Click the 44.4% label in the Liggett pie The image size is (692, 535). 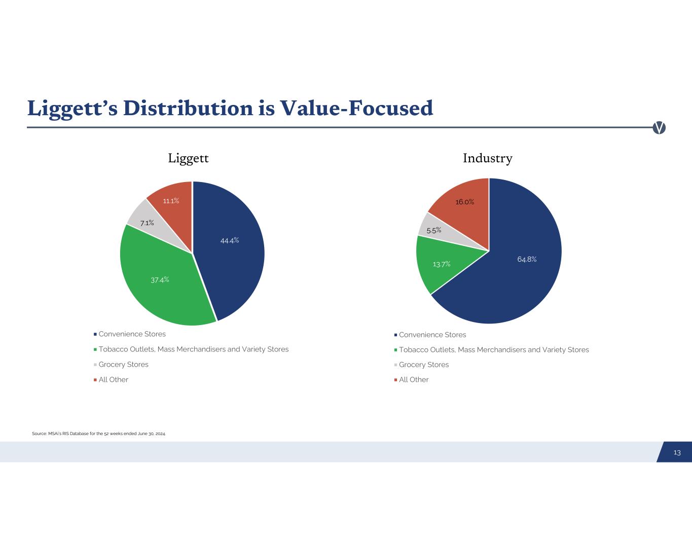click(x=229, y=240)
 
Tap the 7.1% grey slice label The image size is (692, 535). click(x=147, y=223)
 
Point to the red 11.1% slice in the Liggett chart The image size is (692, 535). click(x=171, y=201)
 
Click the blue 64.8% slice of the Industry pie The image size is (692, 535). click(x=527, y=259)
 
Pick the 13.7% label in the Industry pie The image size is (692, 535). click(x=441, y=264)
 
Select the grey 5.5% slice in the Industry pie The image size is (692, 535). click(x=433, y=230)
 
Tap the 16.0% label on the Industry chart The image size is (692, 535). click(x=464, y=202)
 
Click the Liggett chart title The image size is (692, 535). click(x=188, y=158)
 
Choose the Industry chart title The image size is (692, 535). click(x=488, y=158)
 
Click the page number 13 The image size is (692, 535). click(x=677, y=452)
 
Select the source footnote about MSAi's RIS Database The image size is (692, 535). click(x=98, y=434)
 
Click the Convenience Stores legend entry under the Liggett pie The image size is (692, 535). click(x=132, y=334)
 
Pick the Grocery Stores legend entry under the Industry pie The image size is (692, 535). click(x=423, y=365)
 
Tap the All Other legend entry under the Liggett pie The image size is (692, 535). click(x=113, y=380)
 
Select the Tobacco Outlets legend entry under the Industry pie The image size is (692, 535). click(x=493, y=350)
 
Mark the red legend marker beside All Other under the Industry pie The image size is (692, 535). click(x=395, y=380)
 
